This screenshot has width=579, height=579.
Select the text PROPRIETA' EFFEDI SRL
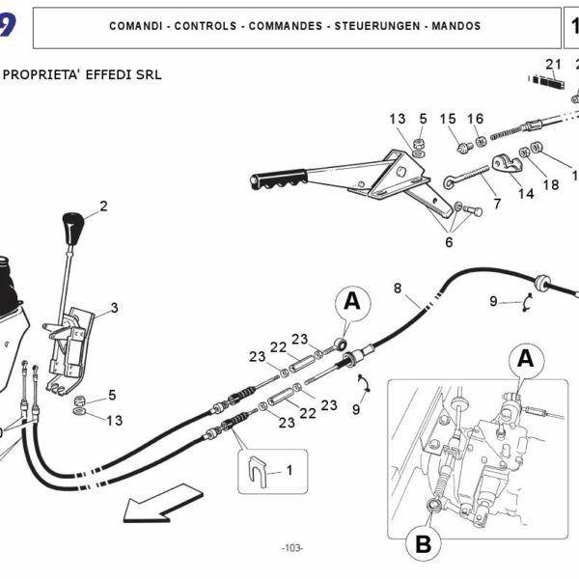tap(83, 74)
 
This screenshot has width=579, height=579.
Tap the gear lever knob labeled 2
tap(73, 229)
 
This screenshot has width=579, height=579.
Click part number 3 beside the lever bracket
tap(114, 309)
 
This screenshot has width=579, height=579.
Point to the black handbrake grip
tap(281, 179)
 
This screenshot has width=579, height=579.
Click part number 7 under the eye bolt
tap(497, 205)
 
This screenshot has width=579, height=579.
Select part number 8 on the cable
tap(398, 289)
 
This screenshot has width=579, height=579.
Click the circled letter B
tap(423, 544)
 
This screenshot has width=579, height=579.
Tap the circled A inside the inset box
tap(525, 359)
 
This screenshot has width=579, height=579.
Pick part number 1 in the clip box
tap(287, 470)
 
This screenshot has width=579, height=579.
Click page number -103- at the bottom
tap(291, 548)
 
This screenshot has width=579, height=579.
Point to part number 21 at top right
tap(553, 65)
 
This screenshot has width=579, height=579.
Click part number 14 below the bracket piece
tap(525, 193)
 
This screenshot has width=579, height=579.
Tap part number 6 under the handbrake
tap(449, 242)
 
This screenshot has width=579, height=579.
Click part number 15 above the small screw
tap(448, 119)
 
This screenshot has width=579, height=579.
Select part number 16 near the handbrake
tap(475, 119)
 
